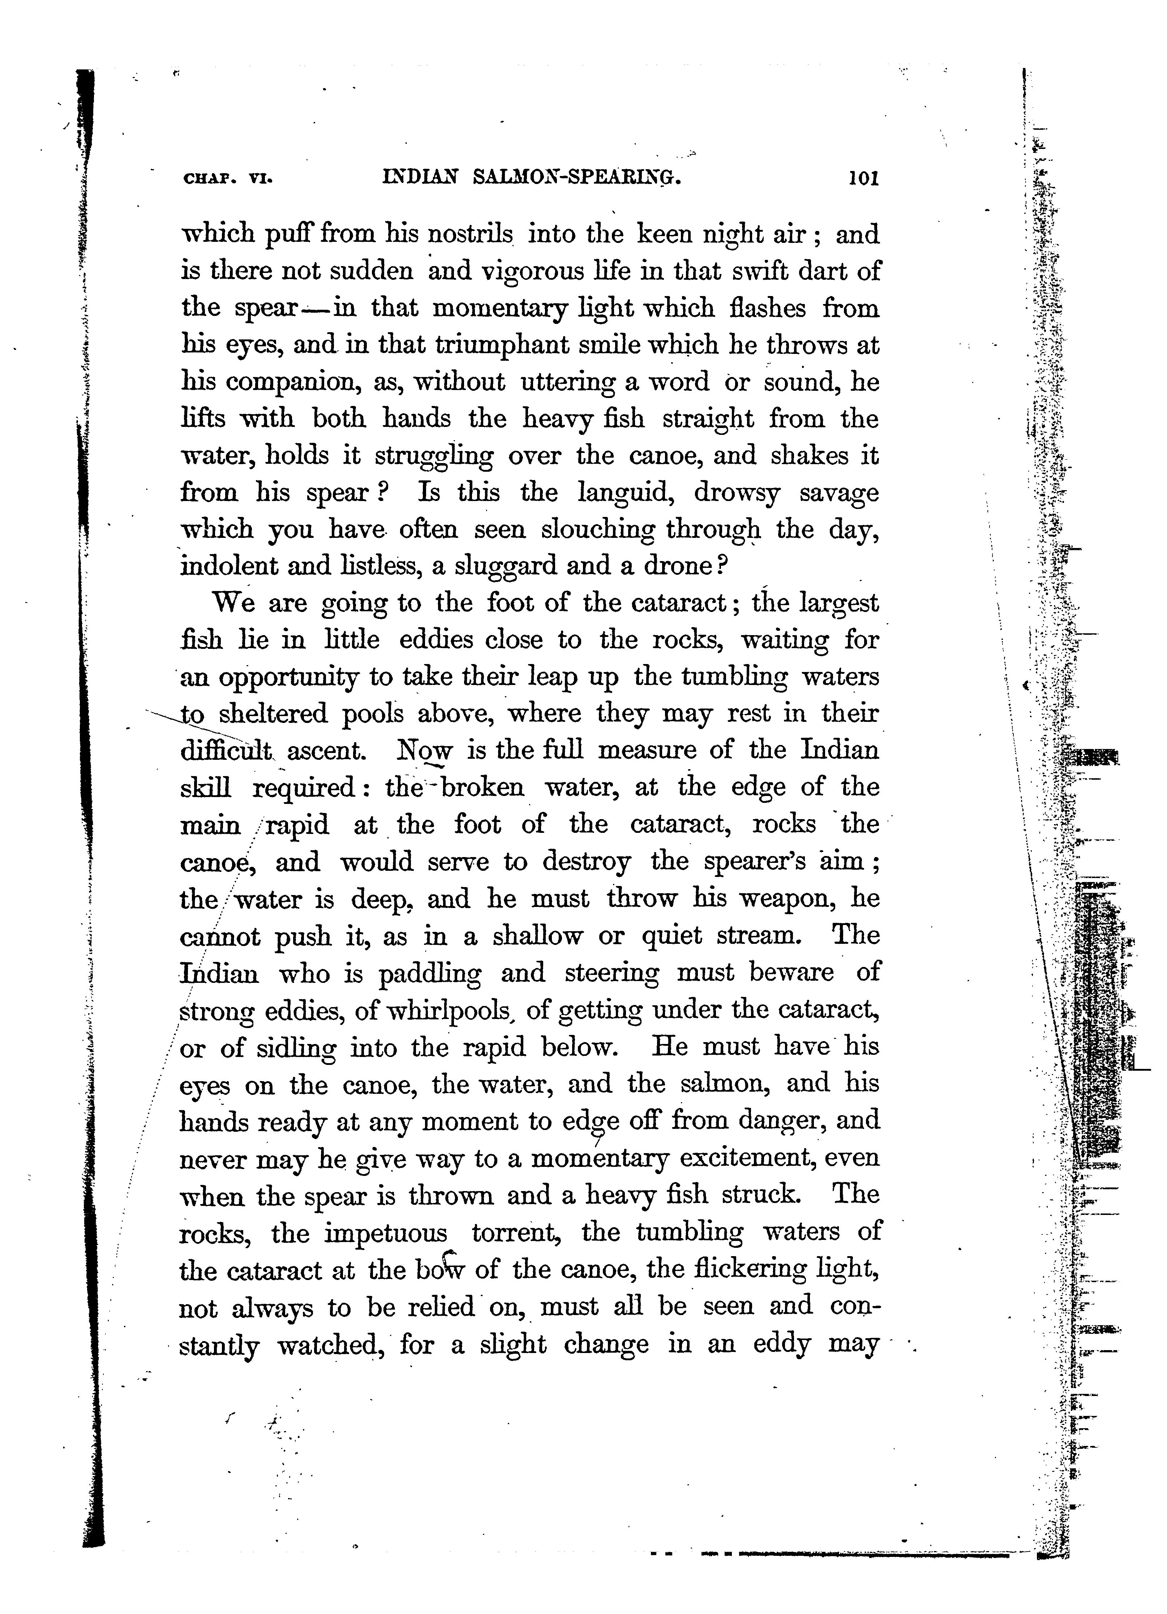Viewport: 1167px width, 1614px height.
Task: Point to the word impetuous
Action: coord(386,1233)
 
